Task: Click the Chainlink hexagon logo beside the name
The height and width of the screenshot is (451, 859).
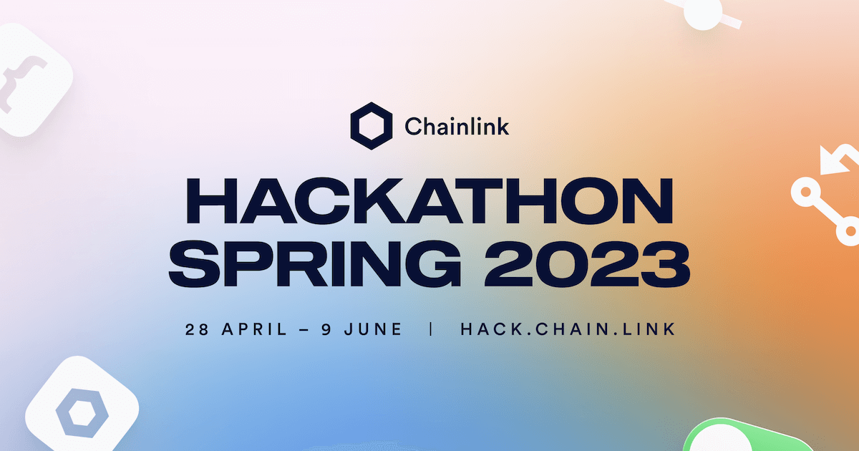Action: tap(372, 126)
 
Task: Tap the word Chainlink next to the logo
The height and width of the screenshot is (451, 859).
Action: tap(457, 127)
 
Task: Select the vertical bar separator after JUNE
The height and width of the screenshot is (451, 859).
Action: tap(431, 330)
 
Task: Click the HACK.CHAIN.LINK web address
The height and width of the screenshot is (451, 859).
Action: tap(568, 330)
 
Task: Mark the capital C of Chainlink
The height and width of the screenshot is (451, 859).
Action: tap(413, 127)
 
